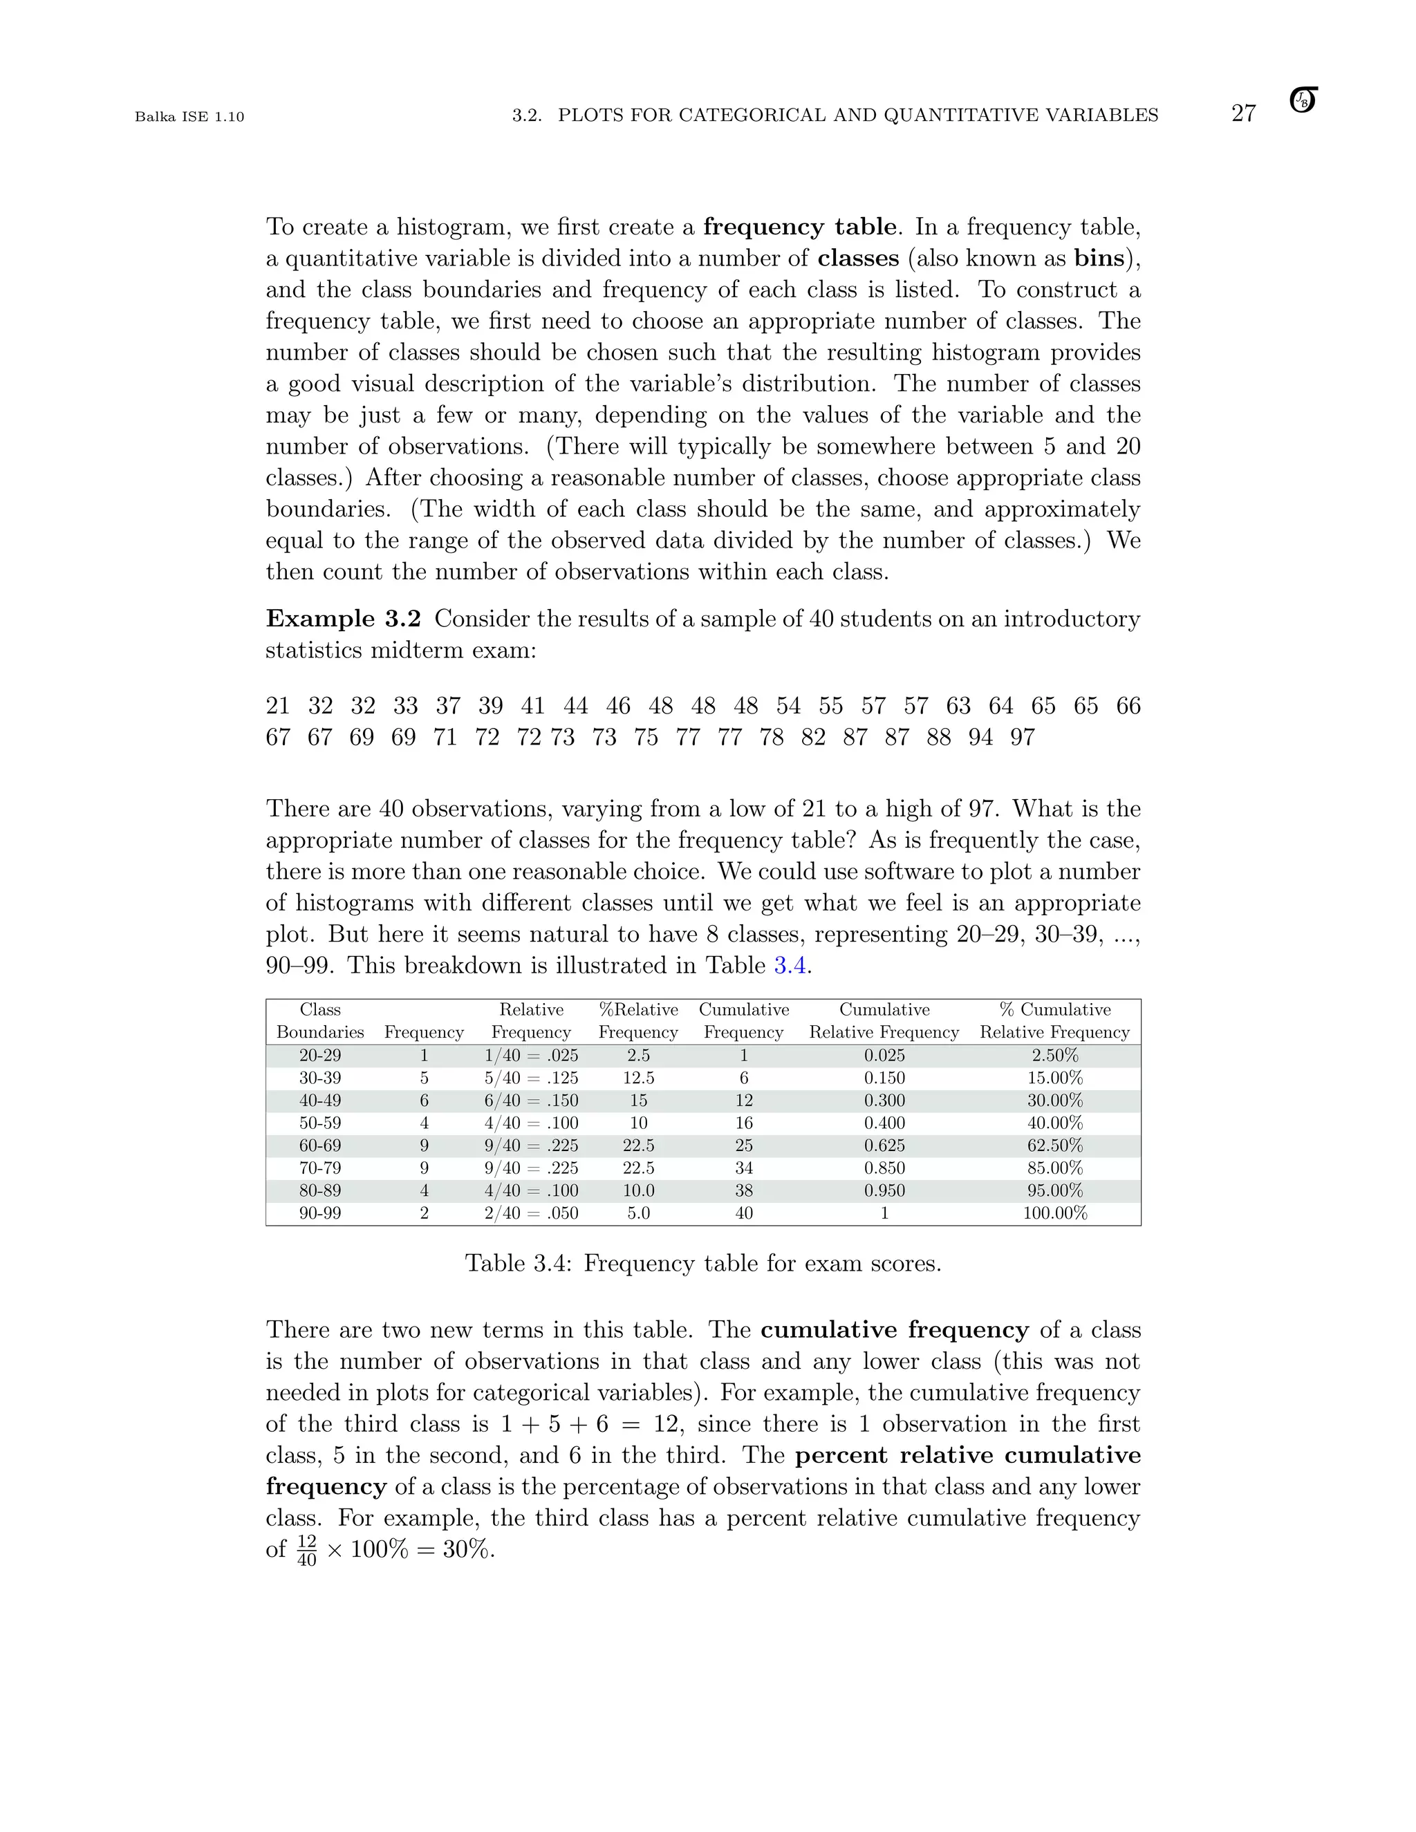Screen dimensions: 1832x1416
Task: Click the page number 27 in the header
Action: coord(1243,113)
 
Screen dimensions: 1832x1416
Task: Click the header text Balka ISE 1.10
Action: coord(189,117)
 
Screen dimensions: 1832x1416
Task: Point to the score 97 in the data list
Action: coord(1023,738)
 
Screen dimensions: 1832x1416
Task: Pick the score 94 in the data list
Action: coord(980,738)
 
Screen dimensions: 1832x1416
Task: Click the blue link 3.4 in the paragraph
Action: coord(790,966)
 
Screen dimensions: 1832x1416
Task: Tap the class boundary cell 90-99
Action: coord(320,1213)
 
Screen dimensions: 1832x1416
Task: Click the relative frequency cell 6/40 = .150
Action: coord(531,1101)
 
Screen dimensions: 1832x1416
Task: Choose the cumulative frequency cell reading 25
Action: coord(744,1145)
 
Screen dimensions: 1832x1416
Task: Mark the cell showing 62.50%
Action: coord(1055,1145)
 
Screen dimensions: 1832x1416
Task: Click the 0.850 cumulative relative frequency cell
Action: coord(884,1168)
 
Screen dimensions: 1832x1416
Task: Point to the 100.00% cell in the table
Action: coord(1055,1213)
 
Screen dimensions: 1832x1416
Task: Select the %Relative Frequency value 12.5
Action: coord(638,1078)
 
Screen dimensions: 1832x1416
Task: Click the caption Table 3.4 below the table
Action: coord(703,1263)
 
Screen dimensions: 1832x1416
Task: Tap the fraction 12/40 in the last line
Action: coord(307,1550)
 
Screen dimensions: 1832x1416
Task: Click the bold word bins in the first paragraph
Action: coord(1099,259)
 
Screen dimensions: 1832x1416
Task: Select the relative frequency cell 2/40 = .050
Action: coord(531,1213)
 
